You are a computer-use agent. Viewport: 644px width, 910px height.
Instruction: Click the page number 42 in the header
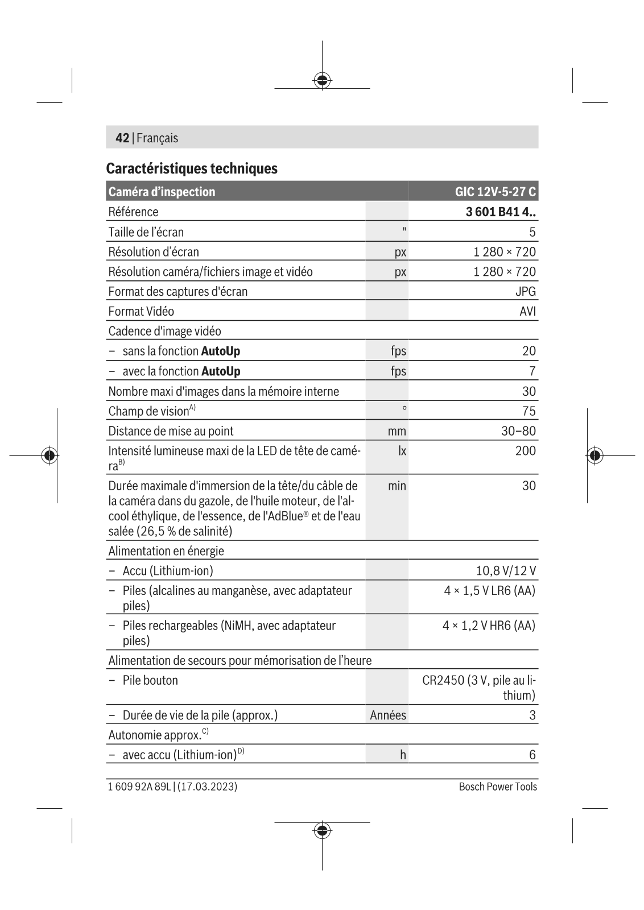122,138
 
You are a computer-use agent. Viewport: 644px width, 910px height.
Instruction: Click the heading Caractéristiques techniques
192,168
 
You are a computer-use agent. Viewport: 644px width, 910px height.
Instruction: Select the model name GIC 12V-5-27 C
495,192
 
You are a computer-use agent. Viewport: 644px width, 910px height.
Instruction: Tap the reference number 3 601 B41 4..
500,212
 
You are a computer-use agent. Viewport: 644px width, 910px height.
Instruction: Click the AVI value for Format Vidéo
527,311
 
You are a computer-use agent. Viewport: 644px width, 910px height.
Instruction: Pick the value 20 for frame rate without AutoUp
529,351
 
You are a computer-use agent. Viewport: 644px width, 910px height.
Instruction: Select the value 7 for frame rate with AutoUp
532,371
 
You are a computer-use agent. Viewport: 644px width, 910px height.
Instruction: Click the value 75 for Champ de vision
529,411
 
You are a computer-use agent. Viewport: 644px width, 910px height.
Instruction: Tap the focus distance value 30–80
518,431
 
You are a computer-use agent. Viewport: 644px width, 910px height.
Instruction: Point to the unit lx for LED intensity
402,450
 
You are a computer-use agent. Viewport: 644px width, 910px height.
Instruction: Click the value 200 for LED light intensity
525,450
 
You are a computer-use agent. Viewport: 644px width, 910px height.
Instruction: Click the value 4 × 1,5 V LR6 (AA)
489,590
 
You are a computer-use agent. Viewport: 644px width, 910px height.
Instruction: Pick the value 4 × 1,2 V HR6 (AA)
489,625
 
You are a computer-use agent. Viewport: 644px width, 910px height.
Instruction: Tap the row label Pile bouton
150,680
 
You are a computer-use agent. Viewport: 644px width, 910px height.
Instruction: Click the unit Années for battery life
388,715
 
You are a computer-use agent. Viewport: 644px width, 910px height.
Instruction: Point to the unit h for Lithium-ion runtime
403,755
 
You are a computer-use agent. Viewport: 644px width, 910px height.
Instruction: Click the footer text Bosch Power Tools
498,787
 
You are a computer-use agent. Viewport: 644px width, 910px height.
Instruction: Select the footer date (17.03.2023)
208,787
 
